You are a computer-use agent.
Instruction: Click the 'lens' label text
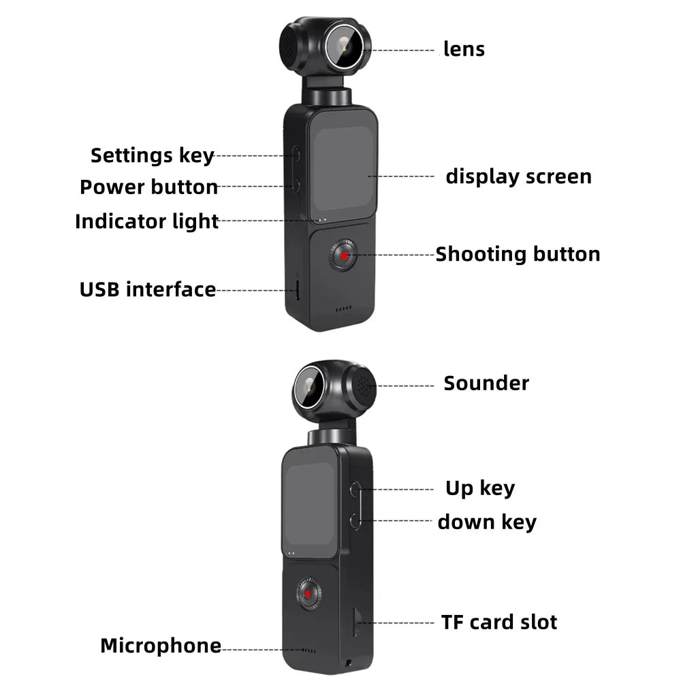click(x=464, y=49)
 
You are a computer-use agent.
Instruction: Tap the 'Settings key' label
click(x=153, y=155)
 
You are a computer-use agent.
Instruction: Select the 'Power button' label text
click(x=149, y=187)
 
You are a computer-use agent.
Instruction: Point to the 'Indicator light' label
click(x=147, y=221)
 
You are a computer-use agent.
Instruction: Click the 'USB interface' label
click(x=148, y=289)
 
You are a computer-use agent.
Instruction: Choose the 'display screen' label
click(x=518, y=176)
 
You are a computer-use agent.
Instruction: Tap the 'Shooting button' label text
click(x=518, y=254)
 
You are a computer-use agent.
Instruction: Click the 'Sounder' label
click(x=486, y=383)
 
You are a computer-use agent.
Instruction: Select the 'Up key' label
click(x=480, y=488)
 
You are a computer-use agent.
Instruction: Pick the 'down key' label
click(x=487, y=522)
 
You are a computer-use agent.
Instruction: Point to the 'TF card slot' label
click(x=499, y=622)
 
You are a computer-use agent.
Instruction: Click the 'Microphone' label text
click(x=161, y=646)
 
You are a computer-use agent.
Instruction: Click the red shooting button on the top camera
click(x=345, y=256)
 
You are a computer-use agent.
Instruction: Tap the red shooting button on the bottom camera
click(x=308, y=594)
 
